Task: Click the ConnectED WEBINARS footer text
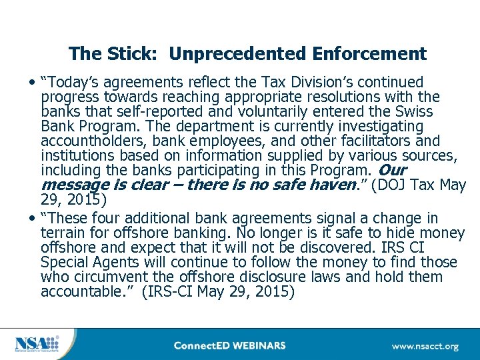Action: [x=229, y=345]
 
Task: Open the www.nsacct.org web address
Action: [x=425, y=346]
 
